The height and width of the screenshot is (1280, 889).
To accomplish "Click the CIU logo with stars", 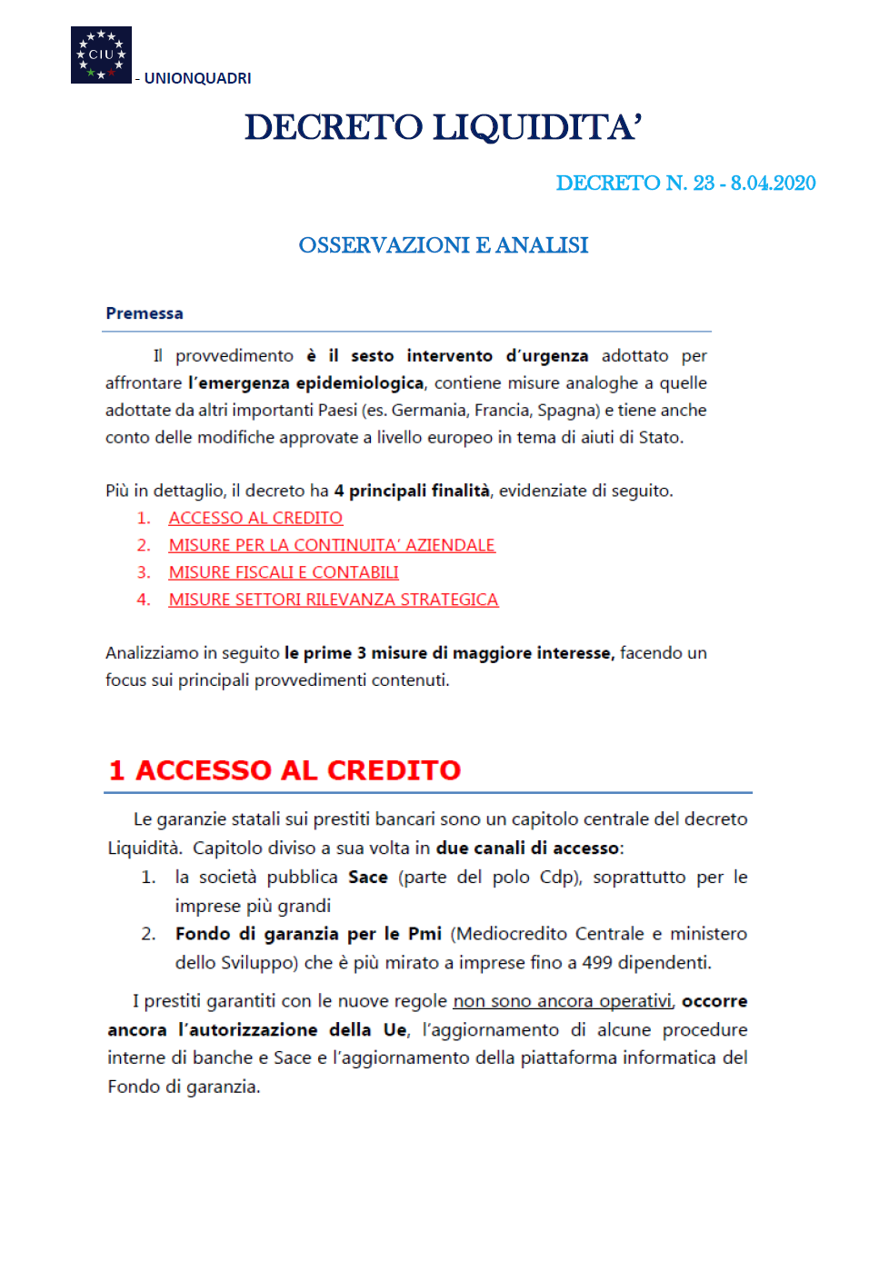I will click(x=101, y=55).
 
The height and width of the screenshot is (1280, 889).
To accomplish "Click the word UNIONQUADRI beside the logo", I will click(x=197, y=78).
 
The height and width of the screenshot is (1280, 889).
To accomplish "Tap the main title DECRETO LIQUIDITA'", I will click(x=444, y=127).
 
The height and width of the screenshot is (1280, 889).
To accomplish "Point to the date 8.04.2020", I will click(x=773, y=183).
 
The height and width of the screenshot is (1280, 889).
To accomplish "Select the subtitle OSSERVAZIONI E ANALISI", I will click(x=444, y=245).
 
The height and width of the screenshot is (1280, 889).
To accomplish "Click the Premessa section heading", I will click(x=145, y=313).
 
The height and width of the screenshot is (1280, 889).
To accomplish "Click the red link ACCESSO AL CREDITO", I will click(x=255, y=518).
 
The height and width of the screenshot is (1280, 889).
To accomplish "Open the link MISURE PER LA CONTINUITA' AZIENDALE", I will click(x=332, y=545).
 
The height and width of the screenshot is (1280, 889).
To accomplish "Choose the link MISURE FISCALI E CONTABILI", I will click(x=284, y=572).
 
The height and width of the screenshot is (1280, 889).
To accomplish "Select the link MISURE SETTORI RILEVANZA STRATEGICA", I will click(x=334, y=600).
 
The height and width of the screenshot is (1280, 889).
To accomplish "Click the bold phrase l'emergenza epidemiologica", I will click(x=305, y=382).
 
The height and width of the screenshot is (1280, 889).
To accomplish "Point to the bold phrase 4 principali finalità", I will click(x=412, y=491).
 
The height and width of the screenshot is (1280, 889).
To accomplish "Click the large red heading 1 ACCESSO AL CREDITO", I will click(x=285, y=769).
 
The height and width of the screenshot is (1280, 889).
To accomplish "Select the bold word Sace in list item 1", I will click(x=368, y=877).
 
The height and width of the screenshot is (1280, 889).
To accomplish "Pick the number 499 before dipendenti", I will click(x=597, y=962).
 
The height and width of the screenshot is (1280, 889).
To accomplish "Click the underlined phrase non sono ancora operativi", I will click(x=562, y=1000).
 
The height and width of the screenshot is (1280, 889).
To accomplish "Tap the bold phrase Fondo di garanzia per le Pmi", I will click(x=308, y=933).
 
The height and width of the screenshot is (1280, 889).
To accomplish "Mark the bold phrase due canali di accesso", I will click(x=527, y=848).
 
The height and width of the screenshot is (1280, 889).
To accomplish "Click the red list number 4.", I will click(x=144, y=600).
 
